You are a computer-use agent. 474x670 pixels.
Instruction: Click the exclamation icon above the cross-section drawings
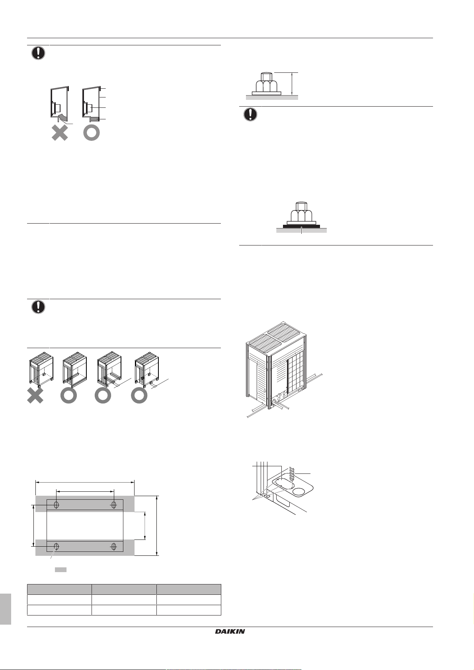38,53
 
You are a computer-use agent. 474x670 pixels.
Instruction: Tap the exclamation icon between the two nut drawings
250,114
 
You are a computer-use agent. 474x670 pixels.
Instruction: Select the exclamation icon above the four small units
38,307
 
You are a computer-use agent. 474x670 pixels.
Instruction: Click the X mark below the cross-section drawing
60,133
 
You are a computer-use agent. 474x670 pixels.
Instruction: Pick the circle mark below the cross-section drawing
92,133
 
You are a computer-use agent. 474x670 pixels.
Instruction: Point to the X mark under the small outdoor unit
35,395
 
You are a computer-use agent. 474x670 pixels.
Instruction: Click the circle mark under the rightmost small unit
139,395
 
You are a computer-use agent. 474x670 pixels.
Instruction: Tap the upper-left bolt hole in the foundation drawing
56,505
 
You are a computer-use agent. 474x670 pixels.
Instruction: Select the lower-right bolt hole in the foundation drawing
114,547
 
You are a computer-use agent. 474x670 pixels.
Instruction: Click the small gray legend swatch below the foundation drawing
60,570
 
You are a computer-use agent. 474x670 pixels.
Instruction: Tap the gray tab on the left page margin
6,609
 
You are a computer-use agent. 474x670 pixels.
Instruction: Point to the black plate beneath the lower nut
301,226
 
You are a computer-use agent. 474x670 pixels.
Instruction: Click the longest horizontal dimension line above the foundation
85,482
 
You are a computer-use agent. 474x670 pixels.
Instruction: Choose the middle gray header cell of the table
124,589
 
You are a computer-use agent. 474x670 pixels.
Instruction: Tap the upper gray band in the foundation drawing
85,504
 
